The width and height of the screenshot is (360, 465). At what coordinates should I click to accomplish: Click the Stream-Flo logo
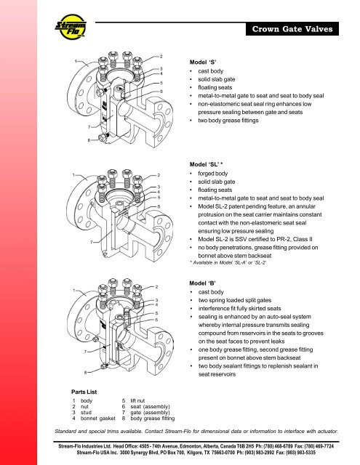[x=71, y=27]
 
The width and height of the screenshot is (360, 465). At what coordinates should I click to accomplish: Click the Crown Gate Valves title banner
[x=292, y=29]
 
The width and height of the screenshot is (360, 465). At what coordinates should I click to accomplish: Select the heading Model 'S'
[x=203, y=62]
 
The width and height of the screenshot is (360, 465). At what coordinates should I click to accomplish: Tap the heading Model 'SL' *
[x=206, y=164]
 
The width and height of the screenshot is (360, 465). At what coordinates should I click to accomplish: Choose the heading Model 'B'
[x=202, y=283]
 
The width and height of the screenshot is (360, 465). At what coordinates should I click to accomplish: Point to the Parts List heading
[x=84, y=392]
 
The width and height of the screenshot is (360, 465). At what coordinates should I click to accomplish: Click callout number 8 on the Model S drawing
[x=89, y=140]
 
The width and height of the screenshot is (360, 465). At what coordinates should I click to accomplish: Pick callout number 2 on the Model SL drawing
[x=159, y=175]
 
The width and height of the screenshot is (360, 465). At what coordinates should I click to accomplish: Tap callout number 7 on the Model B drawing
[x=85, y=352]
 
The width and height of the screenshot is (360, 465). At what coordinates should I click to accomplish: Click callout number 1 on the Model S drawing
[x=76, y=61]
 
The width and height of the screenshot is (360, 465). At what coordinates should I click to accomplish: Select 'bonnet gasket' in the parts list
[x=98, y=418]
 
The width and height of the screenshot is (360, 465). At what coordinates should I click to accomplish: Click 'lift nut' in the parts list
[x=137, y=400]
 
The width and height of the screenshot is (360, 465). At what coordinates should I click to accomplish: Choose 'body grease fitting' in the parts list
[x=153, y=418]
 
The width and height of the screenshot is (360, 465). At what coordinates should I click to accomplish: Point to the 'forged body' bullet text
[x=213, y=174]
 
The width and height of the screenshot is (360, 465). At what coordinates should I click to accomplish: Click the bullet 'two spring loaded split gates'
[x=235, y=300]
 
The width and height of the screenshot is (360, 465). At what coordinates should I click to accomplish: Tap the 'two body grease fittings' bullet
[x=228, y=121]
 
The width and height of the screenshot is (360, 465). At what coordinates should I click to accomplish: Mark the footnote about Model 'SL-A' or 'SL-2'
[x=228, y=263]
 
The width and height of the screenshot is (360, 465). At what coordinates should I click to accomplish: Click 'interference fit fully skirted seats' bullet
[x=240, y=308]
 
